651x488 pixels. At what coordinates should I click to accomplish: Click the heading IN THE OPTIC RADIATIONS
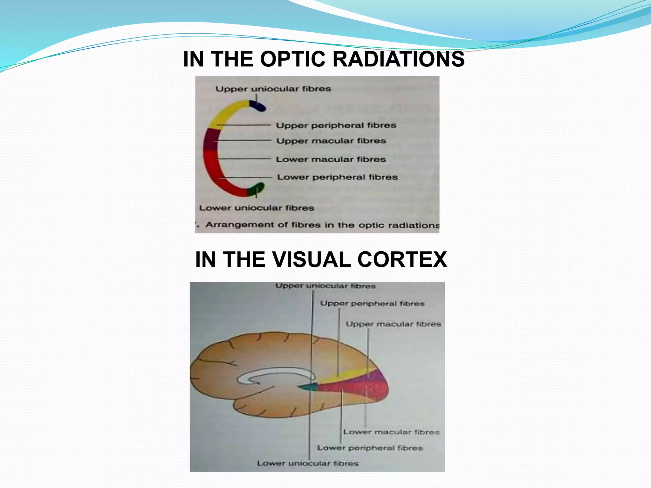click(324, 59)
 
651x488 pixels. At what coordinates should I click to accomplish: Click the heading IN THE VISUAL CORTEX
click(321, 260)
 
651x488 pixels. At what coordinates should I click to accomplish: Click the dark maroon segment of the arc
click(210, 140)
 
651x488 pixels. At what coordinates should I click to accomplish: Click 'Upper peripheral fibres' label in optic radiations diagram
click(336, 125)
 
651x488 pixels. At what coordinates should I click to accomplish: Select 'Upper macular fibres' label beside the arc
click(331, 141)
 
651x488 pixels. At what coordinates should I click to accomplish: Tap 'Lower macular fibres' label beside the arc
click(331, 159)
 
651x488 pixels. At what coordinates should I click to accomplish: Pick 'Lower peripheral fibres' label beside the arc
click(337, 177)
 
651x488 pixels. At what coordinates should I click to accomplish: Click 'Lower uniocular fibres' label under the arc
click(257, 208)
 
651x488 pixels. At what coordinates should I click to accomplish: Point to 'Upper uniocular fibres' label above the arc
click(273, 89)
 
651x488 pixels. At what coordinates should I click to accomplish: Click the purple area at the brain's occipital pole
click(377, 378)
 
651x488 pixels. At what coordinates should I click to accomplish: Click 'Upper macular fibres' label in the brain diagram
click(393, 324)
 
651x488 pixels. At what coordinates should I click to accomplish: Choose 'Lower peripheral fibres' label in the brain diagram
click(370, 448)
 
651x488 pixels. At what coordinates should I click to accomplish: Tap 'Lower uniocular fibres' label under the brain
click(307, 464)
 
